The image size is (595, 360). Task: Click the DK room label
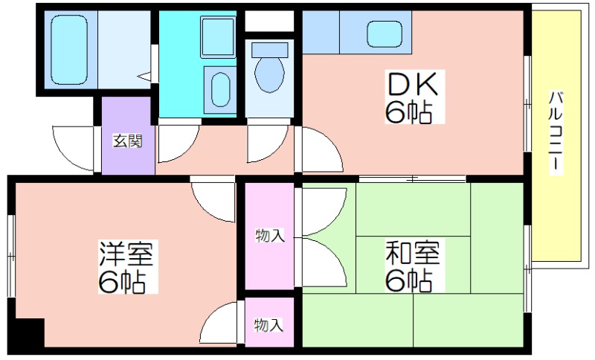(414, 83)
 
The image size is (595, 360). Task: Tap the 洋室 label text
(126, 254)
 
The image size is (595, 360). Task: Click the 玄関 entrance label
(123, 140)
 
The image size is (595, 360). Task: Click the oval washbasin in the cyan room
(221, 89)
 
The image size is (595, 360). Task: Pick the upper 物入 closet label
(269, 236)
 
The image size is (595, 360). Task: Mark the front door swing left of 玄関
(77, 147)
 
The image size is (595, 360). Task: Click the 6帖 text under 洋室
(120, 282)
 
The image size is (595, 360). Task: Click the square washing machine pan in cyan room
(218, 34)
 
